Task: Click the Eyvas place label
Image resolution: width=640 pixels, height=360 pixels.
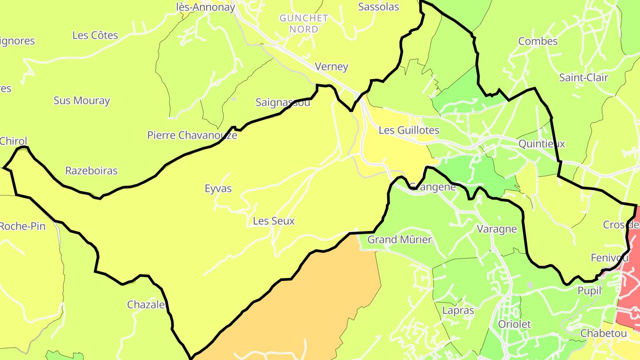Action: point(218,188)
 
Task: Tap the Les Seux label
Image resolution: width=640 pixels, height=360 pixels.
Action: point(273,221)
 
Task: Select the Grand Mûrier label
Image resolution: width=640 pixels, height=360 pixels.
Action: point(400,240)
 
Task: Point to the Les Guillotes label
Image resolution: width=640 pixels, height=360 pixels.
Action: point(409,130)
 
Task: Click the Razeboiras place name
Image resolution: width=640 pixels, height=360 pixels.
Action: point(91,171)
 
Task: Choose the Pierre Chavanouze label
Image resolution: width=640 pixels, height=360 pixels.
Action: point(192,135)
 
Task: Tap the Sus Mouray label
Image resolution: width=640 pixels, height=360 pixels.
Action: point(82,100)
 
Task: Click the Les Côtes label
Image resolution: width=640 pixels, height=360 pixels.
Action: point(95,35)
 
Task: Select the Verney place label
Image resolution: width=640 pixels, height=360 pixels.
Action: point(331,67)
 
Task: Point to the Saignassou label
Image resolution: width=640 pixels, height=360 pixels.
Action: point(283,102)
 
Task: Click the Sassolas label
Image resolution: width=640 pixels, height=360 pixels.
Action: point(378,7)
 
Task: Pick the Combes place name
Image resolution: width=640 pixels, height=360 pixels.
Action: point(538,41)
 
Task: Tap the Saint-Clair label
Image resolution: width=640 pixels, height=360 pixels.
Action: point(584,77)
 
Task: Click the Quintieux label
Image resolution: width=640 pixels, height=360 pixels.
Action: point(542,144)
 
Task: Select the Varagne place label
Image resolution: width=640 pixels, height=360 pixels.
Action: point(496,229)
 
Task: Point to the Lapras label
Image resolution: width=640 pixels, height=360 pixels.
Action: point(458,310)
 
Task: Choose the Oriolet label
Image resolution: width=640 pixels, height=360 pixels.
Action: point(514,324)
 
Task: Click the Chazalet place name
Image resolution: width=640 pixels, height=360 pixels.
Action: point(147,304)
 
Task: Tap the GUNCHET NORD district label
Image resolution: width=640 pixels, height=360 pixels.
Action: point(304,24)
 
